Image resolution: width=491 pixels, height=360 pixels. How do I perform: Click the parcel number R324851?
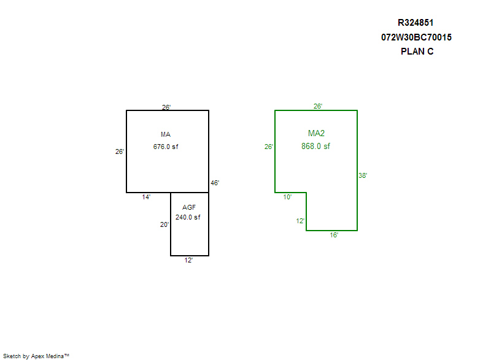[416, 23]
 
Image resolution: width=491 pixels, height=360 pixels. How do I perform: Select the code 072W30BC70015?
[416, 37]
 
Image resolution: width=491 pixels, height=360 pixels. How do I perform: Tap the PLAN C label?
[417, 52]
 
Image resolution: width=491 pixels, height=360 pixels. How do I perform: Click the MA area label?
[166, 134]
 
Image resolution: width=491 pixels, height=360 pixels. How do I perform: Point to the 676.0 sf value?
[166, 147]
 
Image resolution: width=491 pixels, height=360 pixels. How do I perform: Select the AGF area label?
[189, 207]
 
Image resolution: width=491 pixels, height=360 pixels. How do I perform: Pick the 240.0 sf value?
[188, 217]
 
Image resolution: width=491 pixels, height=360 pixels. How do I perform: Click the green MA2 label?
[316, 133]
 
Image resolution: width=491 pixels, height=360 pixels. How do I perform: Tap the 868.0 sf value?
[315, 146]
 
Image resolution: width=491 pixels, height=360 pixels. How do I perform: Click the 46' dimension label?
[215, 183]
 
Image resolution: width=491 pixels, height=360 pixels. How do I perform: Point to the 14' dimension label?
[146, 197]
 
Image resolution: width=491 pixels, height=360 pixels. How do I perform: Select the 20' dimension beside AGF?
[164, 224]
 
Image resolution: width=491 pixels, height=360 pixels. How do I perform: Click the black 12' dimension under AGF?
[188, 260]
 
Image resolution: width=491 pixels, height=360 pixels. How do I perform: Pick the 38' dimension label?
[363, 175]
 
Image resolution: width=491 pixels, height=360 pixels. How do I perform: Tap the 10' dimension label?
[287, 197]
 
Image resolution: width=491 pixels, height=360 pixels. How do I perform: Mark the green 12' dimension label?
[300, 221]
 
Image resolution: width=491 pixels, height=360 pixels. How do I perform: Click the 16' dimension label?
[334, 235]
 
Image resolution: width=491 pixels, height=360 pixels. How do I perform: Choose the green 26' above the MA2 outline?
[318, 106]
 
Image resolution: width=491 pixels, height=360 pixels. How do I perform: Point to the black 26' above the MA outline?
[166, 107]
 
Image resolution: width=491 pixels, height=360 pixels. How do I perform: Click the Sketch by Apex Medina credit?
[36, 356]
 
